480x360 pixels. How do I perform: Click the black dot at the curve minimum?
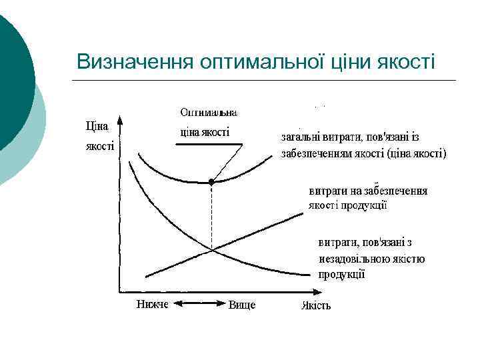211,181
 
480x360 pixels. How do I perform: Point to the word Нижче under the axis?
153,305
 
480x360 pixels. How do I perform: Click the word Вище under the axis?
242,305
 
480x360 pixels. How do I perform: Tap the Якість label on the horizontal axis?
316,306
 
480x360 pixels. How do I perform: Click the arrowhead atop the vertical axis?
120,122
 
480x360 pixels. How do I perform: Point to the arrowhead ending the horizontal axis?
313,292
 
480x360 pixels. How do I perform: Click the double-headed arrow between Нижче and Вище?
198,304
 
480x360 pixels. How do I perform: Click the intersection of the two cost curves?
211,249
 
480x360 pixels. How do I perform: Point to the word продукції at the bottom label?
341,274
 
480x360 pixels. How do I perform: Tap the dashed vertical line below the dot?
211,217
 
